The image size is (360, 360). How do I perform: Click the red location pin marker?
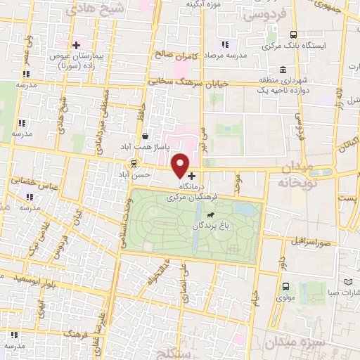pyautogui.click(x=181, y=165)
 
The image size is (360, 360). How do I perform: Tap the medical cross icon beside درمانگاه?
pyautogui.click(x=192, y=176)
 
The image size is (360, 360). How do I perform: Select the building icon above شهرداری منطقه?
pyautogui.click(x=282, y=70)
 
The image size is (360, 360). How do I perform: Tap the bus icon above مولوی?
pyautogui.click(x=285, y=287)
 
